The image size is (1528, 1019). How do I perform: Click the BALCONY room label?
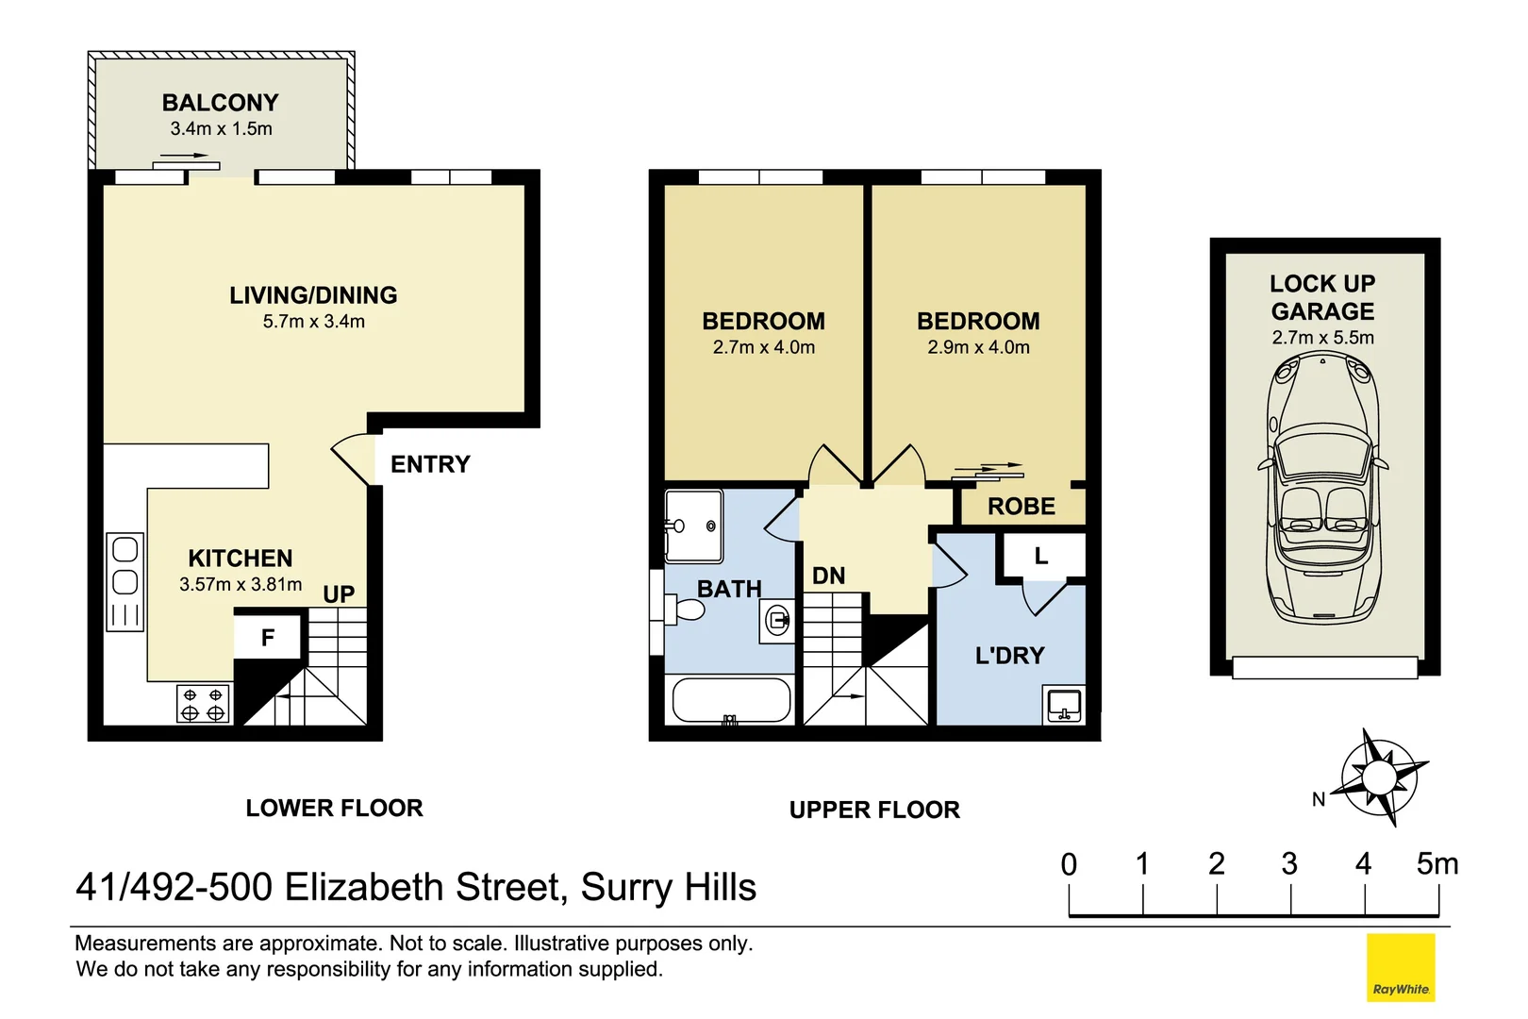click(x=220, y=102)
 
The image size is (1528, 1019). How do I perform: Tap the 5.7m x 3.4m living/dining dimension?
click(x=313, y=322)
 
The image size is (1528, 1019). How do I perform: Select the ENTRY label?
click(x=430, y=464)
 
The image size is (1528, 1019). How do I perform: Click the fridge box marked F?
click(x=268, y=639)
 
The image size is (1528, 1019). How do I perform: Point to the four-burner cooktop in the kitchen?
click(x=203, y=704)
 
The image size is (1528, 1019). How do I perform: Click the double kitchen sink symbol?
click(x=125, y=566)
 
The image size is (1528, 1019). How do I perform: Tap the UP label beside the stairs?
click(x=339, y=594)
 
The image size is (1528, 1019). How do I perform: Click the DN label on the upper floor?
click(x=828, y=576)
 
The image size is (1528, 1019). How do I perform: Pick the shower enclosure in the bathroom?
click(x=694, y=526)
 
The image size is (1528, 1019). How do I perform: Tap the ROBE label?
click(x=1021, y=507)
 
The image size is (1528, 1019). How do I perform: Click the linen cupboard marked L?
click(x=1041, y=556)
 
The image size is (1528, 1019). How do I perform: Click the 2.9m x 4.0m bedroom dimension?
click(x=978, y=347)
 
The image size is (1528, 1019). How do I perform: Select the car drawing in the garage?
click(x=1323, y=486)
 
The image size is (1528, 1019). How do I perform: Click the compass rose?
click(x=1381, y=777)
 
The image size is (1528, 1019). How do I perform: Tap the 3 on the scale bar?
click(x=1289, y=863)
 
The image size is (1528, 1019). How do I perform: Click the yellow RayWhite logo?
click(x=1401, y=967)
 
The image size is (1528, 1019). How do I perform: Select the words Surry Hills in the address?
click(x=668, y=888)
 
